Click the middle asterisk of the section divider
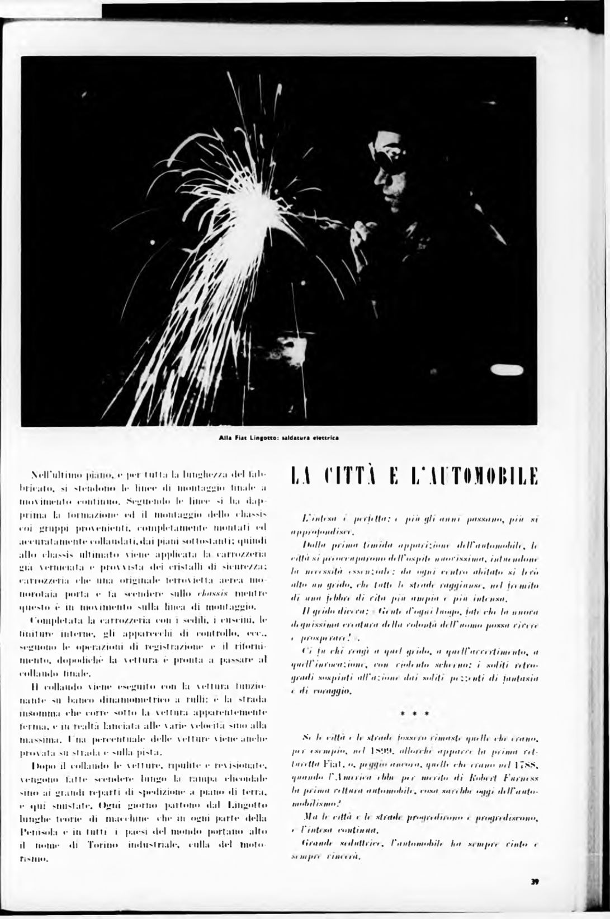coord(414,714)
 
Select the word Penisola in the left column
coord(39,819)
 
